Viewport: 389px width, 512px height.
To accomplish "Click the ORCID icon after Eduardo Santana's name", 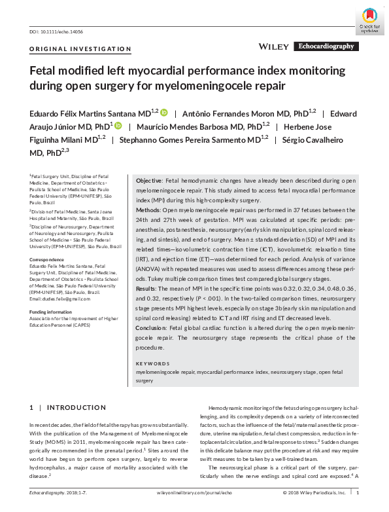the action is tap(164, 112).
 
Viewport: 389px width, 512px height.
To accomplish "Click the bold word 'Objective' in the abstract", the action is tap(148, 180).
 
